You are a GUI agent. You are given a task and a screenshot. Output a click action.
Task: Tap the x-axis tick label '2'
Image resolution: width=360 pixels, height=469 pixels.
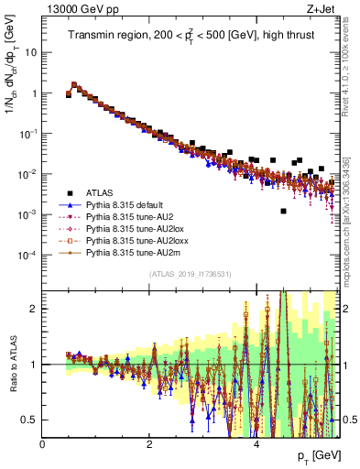(x=149, y=444)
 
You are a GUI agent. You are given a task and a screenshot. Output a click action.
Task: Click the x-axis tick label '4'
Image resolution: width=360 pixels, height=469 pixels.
(x=256, y=444)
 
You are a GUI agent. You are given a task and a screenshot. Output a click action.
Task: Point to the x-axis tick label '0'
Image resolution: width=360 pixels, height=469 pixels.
(x=43, y=444)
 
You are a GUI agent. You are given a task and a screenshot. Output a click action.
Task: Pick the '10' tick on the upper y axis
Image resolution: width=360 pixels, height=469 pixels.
(x=31, y=52)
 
